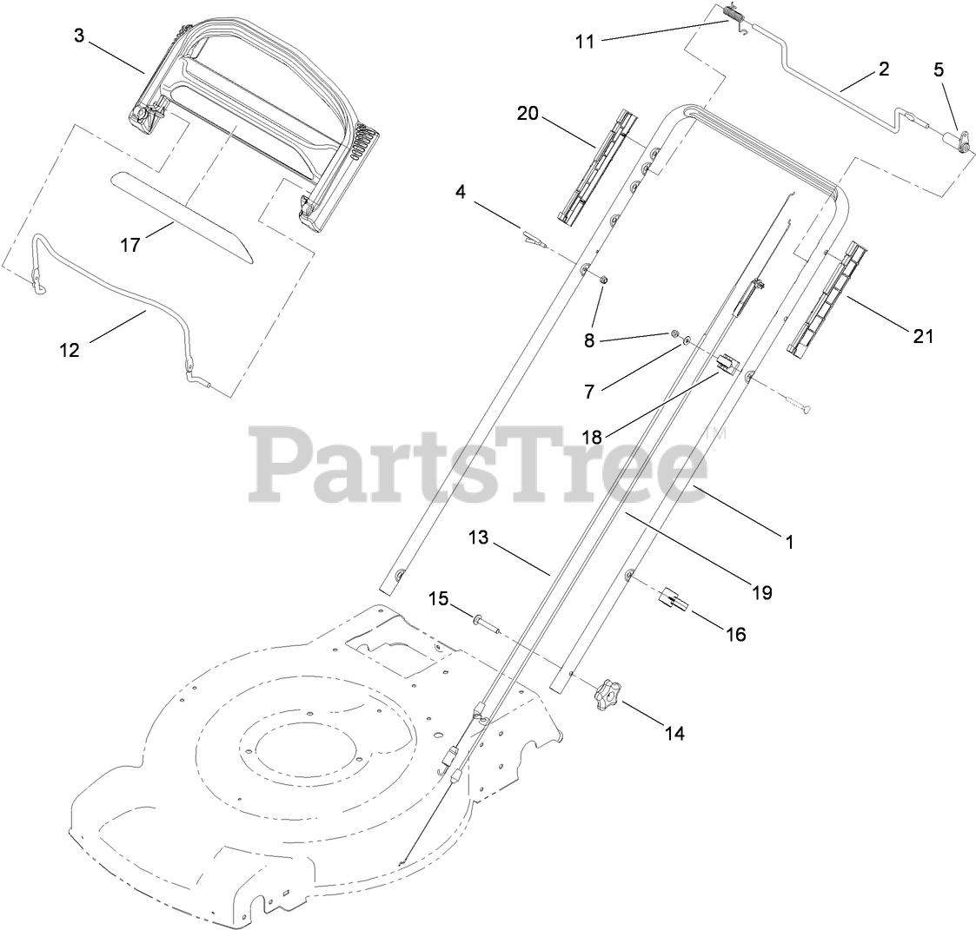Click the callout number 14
[x=674, y=734]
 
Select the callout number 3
[x=79, y=37]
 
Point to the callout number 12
[x=70, y=350]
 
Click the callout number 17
[x=130, y=245]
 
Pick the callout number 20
[x=528, y=115]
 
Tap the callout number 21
[x=923, y=335]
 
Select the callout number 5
[x=939, y=70]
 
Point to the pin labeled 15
[x=487, y=622]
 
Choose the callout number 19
[x=762, y=593]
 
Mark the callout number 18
[x=592, y=437]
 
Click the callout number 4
[x=461, y=191]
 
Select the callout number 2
[x=884, y=69]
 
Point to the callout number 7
[x=589, y=392]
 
